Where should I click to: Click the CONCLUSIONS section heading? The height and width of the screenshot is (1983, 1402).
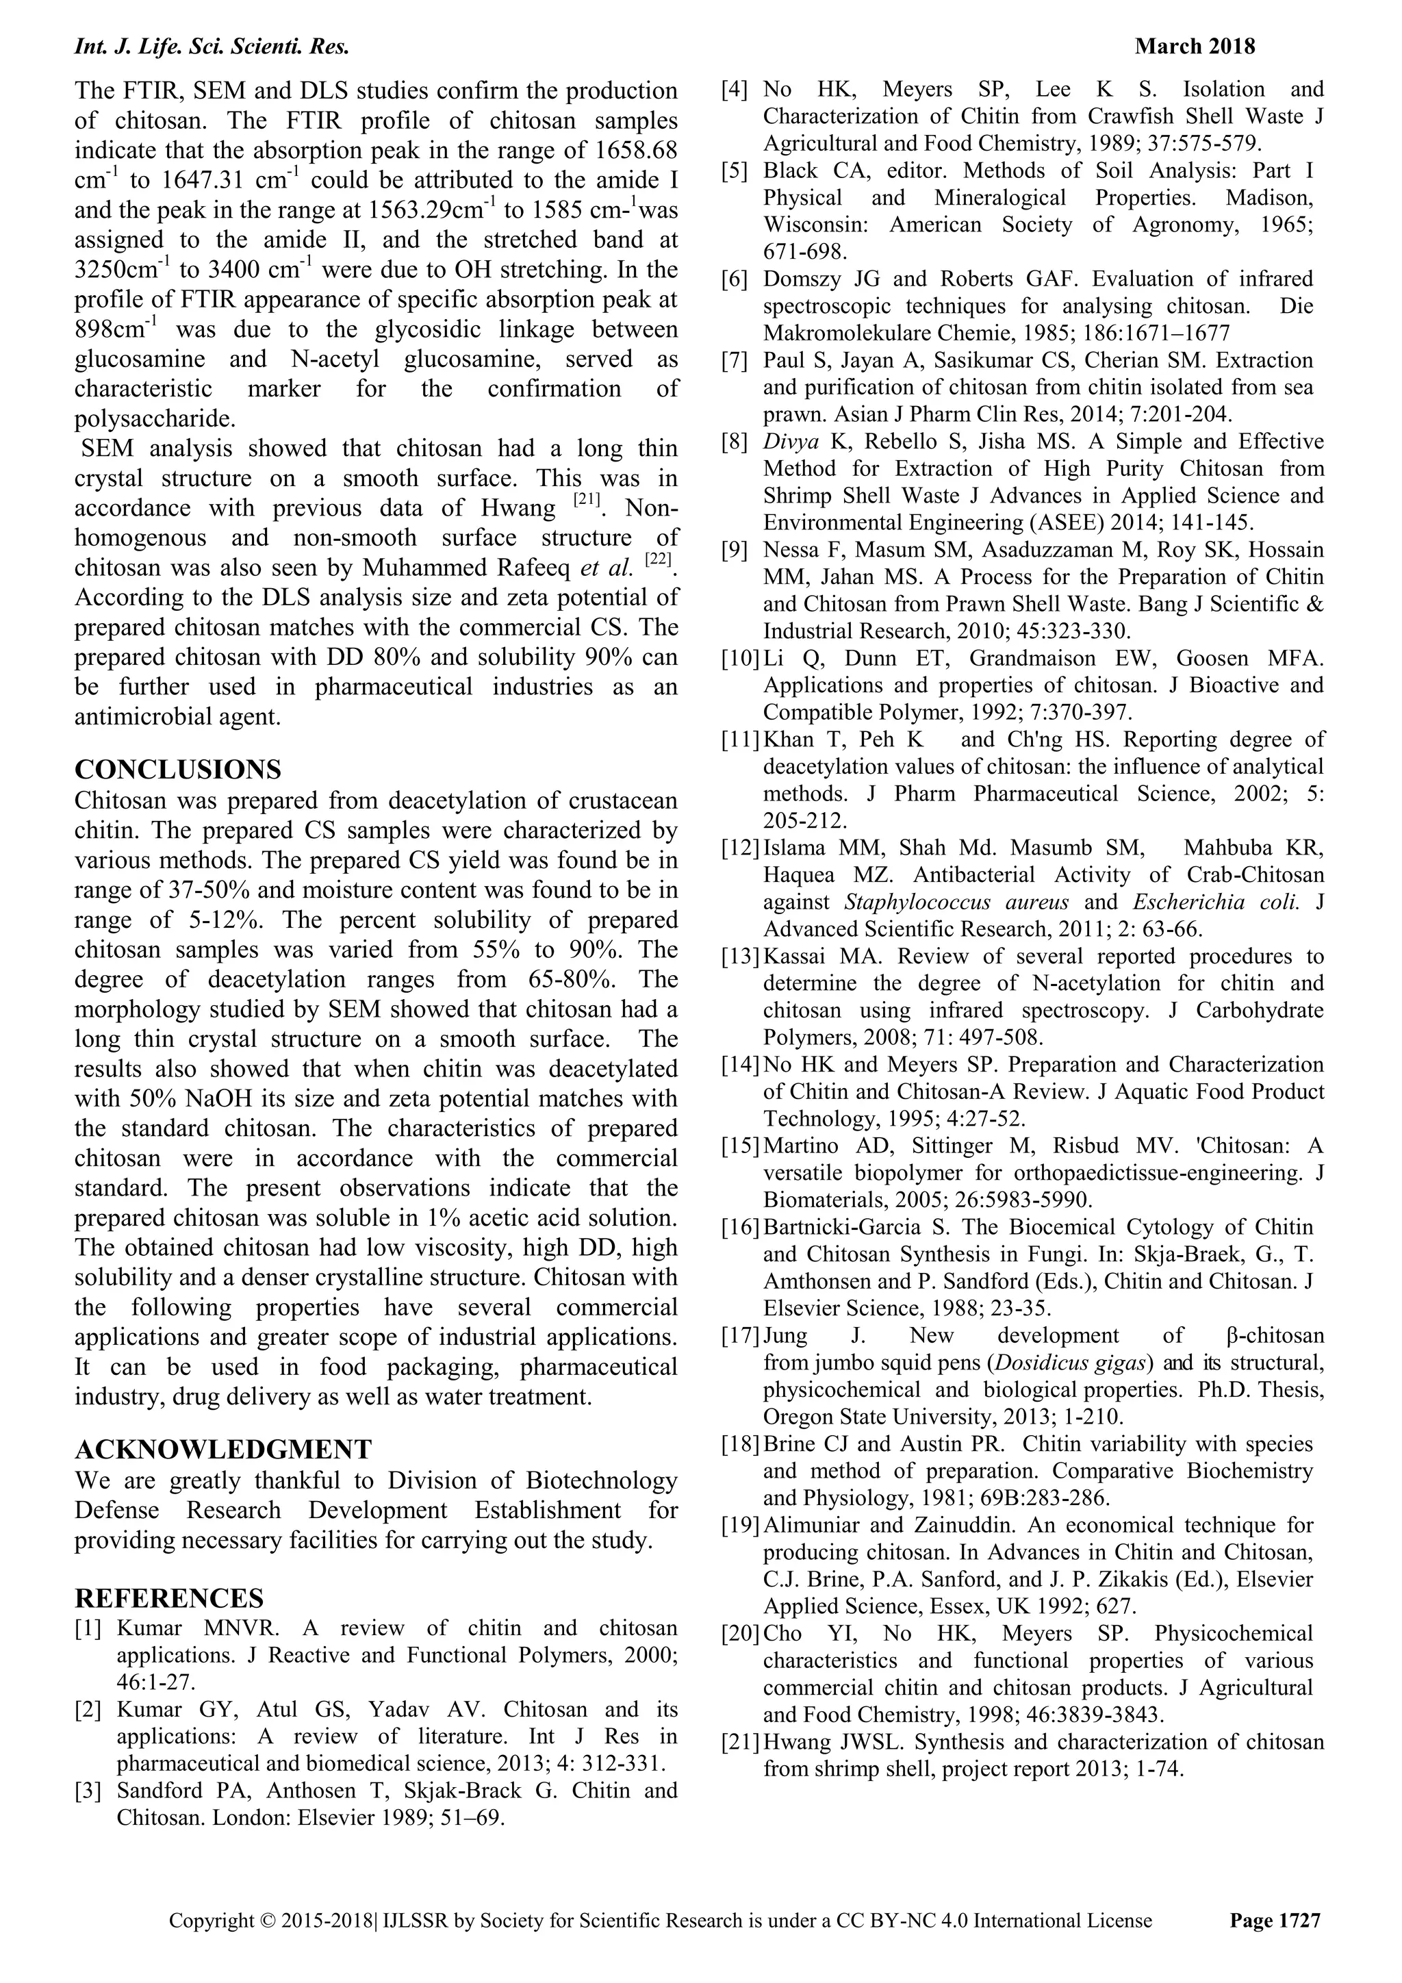click(x=178, y=769)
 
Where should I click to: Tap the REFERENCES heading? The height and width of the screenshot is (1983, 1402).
click(x=169, y=1597)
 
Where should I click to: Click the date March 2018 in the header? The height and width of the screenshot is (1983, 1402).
click(x=1195, y=46)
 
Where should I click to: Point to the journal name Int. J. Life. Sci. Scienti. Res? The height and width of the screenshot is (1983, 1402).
click(x=212, y=47)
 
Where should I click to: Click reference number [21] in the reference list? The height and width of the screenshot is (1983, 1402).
click(x=741, y=1742)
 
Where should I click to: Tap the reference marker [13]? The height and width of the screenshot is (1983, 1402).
click(x=741, y=956)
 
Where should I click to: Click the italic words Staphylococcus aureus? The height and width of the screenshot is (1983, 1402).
click(x=956, y=902)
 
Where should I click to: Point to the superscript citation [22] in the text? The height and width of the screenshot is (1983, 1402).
click(x=658, y=559)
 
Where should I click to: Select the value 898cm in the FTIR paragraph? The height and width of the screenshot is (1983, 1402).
click(x=112, y=331)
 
